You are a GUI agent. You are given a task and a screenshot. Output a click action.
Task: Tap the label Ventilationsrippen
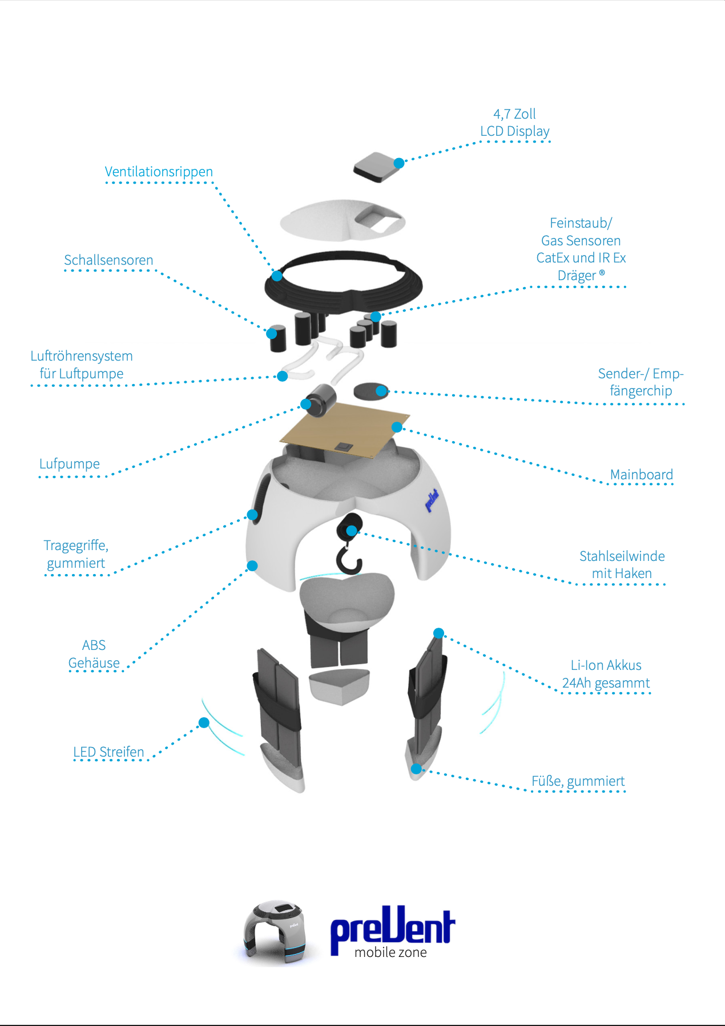(x=159, y=172)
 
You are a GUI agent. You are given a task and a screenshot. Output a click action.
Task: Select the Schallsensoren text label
(x=108, y=260)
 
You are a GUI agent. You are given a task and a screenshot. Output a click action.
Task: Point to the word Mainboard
(x=642, y=475)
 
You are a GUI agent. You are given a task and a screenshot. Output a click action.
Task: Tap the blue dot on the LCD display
(x=399, y=163)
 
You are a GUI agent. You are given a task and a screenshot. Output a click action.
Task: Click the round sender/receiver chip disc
(x=371, y=391)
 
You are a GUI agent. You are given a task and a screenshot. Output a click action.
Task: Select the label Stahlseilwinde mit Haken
(x=622, y=565)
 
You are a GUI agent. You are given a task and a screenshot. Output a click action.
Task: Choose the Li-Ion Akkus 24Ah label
(x=606, y=674)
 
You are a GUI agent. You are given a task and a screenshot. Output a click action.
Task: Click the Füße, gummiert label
(x=578, y=781)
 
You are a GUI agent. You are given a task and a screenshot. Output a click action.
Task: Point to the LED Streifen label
(x=108, y=752)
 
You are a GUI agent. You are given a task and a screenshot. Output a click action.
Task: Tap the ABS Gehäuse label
(x=94, y=654)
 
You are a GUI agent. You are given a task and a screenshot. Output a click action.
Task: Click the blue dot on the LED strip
(x=204, y=723)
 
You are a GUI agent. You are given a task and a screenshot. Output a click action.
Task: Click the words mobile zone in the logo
(x=390, y=952)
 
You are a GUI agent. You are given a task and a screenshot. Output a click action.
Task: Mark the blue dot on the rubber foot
(x=417, y=769)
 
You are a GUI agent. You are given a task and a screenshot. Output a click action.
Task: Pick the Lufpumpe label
(x=70, y=464)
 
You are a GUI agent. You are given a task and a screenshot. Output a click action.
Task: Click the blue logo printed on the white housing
(x=432, y=500)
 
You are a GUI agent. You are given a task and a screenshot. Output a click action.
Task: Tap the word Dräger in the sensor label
(x=577, y=276)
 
